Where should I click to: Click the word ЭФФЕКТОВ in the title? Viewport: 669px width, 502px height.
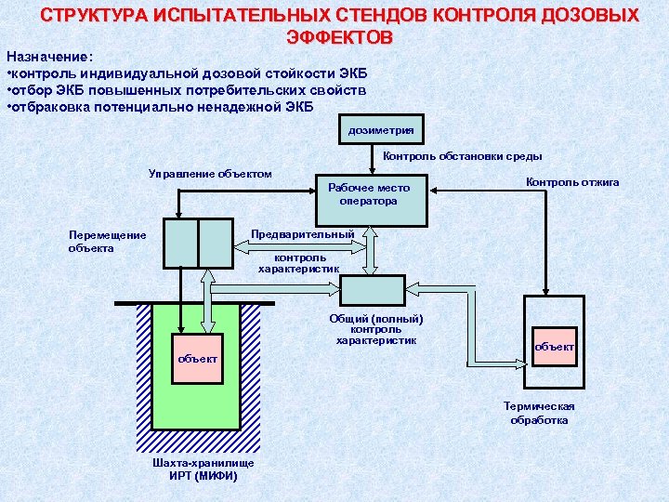(340, 37)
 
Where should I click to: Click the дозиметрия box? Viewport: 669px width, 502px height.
(381, 130)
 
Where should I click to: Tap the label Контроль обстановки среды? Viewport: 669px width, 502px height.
(463, 156)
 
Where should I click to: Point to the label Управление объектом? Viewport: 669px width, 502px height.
(210, 174)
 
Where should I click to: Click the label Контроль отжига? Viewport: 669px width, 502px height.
(572, 182)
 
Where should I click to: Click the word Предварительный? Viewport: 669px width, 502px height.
(303, 234)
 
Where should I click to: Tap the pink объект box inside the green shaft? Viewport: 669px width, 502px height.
(198, 358)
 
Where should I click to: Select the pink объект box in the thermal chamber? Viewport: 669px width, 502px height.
(555, 347)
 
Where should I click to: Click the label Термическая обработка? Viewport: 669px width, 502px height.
(539, 413)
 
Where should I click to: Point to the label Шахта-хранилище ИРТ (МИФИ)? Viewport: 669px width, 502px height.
(203, 469)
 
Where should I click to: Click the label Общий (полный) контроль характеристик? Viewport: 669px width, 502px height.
(376, 329)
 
